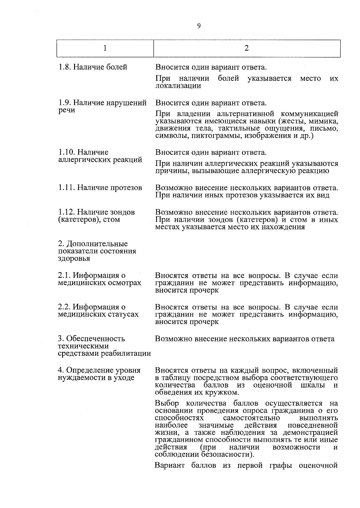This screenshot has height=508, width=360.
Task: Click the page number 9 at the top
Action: pyautogui.click(x=199, y=26)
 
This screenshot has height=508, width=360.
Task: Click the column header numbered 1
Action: pyautogui.click(x=105, y=48)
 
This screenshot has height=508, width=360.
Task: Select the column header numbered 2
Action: pyautogui.click(x=247, y=48)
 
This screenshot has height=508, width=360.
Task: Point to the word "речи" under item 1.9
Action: pyautogui.click(x=67, y=110)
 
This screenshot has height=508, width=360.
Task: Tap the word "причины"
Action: pyautogui.click(x=169, y=171)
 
